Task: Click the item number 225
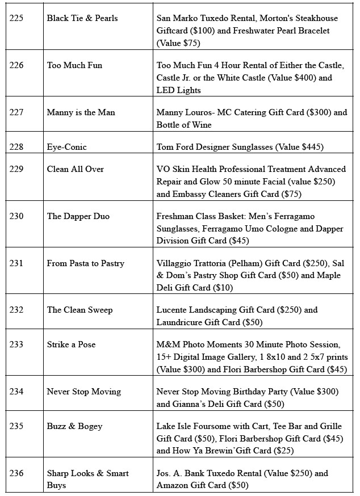click(x=16, y=18)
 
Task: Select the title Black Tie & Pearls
click(x=82, y=18)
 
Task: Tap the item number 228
click(x=16, y=147)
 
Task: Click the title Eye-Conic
click(x=67, y=147)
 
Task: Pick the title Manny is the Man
click(x=81, y=112)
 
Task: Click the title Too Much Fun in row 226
click(x=74, y=65)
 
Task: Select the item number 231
click(x=16, y=263)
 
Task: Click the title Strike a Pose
click(x=71, y=344)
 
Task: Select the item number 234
click(x=16, y=392)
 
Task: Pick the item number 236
click(x=16, y=473)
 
